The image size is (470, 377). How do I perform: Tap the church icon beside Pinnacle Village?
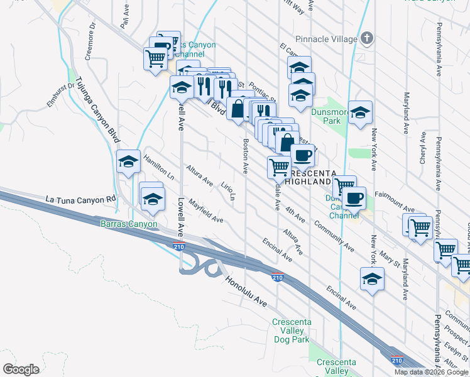pyautogui.click(x=368, y=38)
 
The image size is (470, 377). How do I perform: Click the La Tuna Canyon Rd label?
pyautogui.click(x=82, y=199)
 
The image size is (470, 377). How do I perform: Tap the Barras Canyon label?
pyautogui.click(x=128, y=223)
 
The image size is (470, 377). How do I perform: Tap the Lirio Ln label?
pyautogui.click(x=228, y=191)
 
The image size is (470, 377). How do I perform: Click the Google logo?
pyautogui.click(x=21, y=369)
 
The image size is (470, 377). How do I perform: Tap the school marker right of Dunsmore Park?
pyautogui.click(x=360, y=113)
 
